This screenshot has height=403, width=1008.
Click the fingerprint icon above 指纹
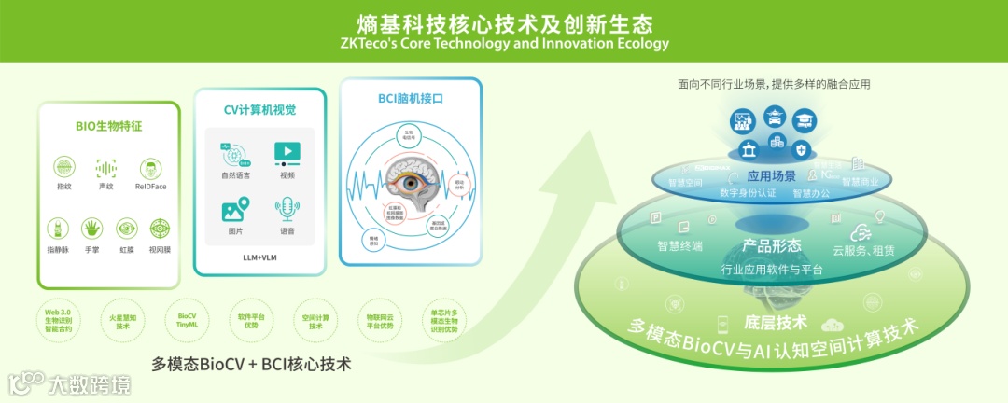coord(64,167)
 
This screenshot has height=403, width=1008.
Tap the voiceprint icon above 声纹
coord(106,167)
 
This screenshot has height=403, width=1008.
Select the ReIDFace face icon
coord(149,168)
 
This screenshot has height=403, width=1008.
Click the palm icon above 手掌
coord(91,228)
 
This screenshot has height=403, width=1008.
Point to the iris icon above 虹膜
coord(126,228)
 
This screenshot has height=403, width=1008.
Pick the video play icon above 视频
coord(287,153)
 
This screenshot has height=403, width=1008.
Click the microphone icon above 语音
coord(287,208)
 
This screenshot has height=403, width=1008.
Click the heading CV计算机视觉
coord(259,110)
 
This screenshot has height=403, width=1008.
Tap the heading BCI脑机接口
coord(410,99)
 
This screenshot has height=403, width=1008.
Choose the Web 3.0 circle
coord(58,319)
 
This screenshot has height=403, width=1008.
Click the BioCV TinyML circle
coord(188,319)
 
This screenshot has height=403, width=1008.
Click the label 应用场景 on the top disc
coord(772,175)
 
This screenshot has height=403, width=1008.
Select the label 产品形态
coord(771,246)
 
